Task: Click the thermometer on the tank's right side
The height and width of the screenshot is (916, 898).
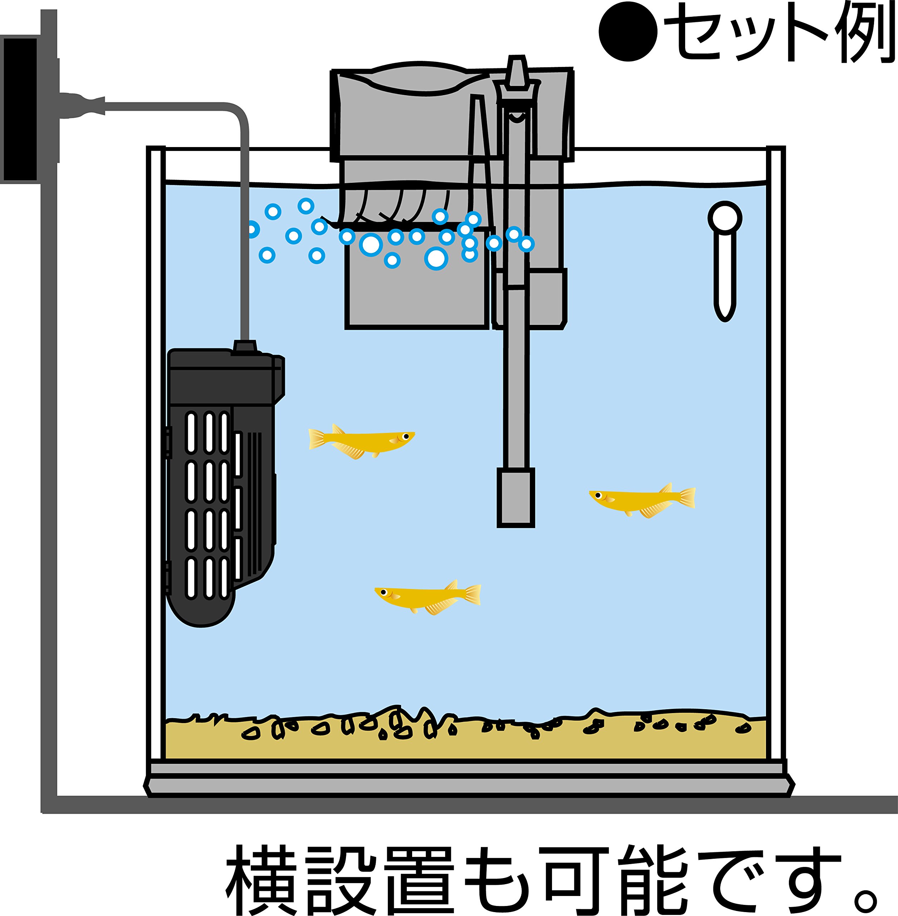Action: (x=725, y=264)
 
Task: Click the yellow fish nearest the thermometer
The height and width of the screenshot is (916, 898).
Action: (x=641, y=500)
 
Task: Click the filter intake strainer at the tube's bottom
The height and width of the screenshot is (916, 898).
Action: (x=516, y=498)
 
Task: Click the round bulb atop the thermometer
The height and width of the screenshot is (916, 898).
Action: (x=725, y=218)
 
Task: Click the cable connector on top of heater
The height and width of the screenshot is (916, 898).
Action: (x=245, y=347)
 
